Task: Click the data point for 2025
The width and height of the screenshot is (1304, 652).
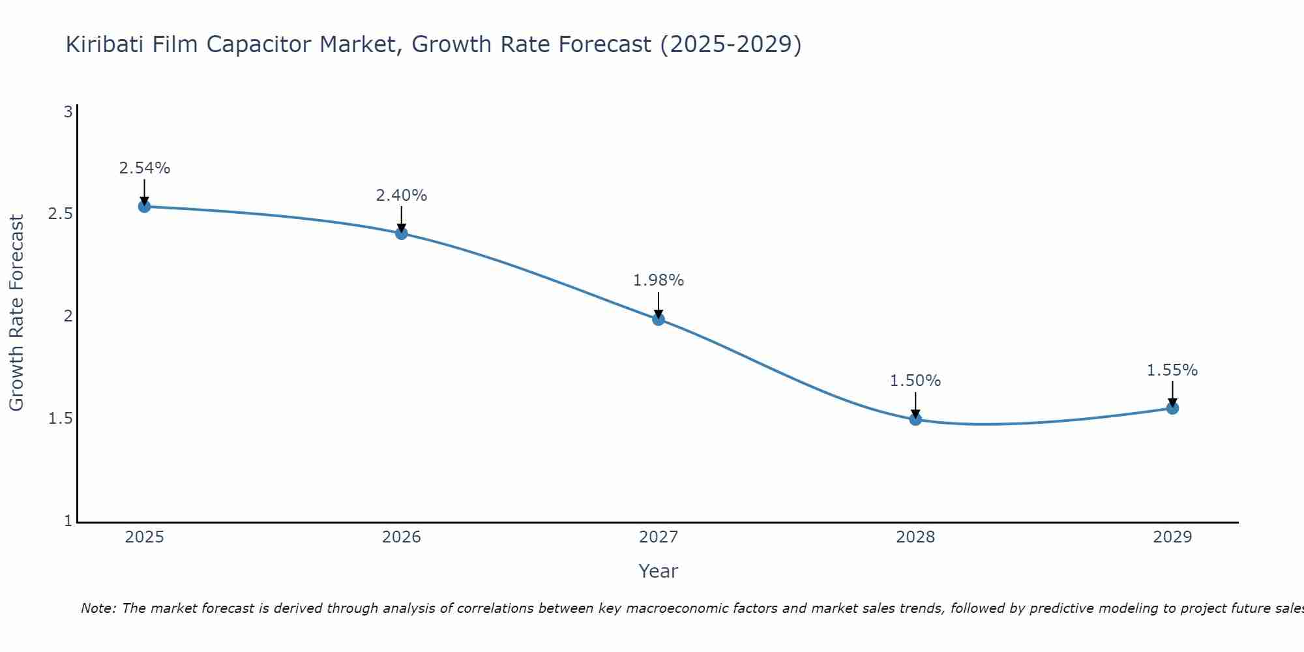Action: click(144, 207)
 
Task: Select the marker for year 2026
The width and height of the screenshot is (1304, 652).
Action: click(402, 233)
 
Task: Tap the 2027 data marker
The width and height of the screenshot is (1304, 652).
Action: click(659, 319)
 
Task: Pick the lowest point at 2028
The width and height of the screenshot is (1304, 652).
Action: click(915, 419)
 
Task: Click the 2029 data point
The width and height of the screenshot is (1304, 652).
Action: click(1172, 408)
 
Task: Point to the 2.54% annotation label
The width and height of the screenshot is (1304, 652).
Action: click(144, 168)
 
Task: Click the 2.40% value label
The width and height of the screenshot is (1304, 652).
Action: click(402, 196)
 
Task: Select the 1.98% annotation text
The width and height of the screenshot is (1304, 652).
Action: click(659, 280)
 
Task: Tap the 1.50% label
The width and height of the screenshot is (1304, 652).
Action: click(915, 381)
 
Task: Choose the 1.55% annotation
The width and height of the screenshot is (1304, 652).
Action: click(1172, 370)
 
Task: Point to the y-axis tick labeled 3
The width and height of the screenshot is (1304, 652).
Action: click(68, 112)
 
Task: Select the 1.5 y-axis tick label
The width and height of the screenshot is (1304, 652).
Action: click(60, 419)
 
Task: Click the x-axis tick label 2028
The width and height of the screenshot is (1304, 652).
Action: click(915, 537)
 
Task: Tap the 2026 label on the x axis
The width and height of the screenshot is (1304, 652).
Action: click(402, 537)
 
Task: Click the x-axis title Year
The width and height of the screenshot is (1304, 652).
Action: click(659, 571)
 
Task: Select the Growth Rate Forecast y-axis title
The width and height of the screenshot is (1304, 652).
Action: click(17, 313)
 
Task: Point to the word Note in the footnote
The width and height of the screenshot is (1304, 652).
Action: click(98, 608)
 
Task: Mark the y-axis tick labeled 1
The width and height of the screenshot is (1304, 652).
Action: click(68, 521)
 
